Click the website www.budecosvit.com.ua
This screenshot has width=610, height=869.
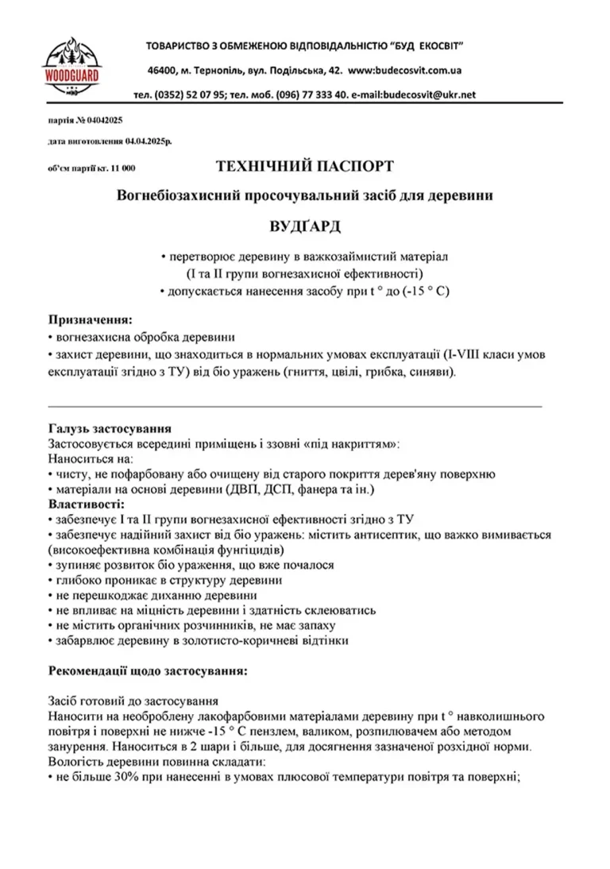coord(407,70)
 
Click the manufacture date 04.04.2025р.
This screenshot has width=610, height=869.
coord(148,141)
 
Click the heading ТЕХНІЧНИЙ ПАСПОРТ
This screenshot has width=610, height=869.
coord(304,167)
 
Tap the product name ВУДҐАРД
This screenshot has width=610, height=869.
coord(304,226)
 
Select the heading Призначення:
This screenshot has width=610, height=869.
coord(90,319)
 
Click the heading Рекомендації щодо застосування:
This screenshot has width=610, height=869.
coord(148,670)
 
